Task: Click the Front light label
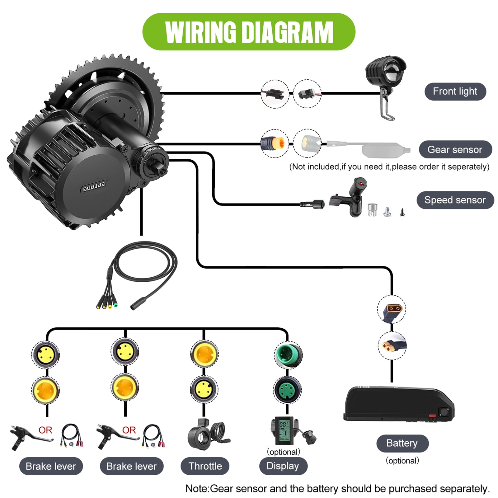click(455, 92)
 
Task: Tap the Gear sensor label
click(455, 150)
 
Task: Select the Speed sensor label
click(455, 200)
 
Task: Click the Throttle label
click(205, 466)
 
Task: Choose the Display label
click(283, 466)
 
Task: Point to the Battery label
click(402, 443)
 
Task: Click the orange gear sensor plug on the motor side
click(274, 143)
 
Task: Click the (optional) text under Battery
click(402, 461)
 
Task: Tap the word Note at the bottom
click(197, 488)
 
